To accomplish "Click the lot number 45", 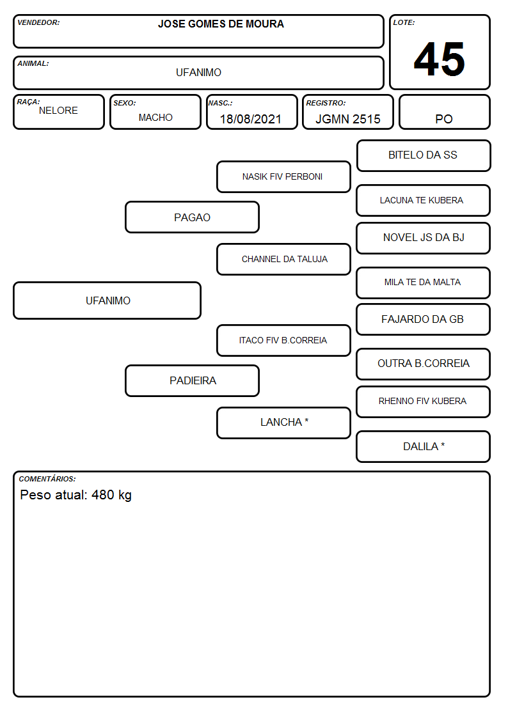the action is [x=440, y=59].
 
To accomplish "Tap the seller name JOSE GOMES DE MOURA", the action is [x=221, y=24].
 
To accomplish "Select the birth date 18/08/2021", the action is [x=251, y=119].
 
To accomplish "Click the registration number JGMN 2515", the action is [x=347, y=119].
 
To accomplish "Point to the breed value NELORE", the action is [x=58, y=111].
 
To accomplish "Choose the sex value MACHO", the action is [x=155, y=118].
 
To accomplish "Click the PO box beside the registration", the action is [x=444, y=112].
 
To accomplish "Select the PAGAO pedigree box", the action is [x=192, y=217].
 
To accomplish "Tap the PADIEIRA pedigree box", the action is [x=192, y=380].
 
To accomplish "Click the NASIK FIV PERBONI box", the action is [x=283, y=176].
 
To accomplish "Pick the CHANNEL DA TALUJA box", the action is [x=283, y=259].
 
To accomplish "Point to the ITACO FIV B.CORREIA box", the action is [x=283, y=340].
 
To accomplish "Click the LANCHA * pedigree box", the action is [x=283, y=423].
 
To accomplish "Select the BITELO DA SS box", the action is [x=424, y=156].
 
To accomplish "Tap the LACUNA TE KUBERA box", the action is [x=423, y=201].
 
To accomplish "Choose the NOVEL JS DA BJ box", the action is [x=423, y=238].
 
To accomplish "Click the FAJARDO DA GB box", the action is [x=423, y=320].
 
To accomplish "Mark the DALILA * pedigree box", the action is [x=423, y=446].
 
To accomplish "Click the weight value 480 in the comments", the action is [x=102, y=495].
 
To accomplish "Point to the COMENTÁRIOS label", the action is [x=47, y=479].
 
